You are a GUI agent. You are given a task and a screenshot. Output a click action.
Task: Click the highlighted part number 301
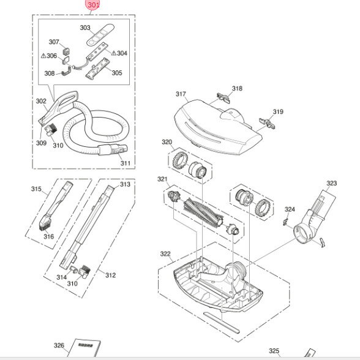pyautogui.click(x=94, y=5)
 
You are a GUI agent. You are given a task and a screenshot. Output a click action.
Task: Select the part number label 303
pyautogui.click(x=85, y=28)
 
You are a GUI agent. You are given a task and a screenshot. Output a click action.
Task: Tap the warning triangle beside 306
pyautogui.click(x=43, y=56)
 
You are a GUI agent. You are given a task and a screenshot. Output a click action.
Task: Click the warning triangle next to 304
pyautogui.click(x=114, y=53)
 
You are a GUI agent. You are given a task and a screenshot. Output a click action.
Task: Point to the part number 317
pyautogui.click(x=181, y=94)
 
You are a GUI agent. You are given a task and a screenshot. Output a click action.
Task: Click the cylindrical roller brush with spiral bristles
pyautogui.click(x=203, y=212)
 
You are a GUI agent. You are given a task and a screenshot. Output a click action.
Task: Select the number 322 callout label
pyautogui.click(x=165, y=253)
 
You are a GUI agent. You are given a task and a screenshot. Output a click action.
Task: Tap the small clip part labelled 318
pyautogui.click(x=223, y=98)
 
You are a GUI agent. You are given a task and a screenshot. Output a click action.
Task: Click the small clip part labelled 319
pyautogui.click(x=267, y=123)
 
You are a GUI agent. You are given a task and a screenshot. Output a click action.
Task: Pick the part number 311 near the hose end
pyautogui.click(x=126, y=163)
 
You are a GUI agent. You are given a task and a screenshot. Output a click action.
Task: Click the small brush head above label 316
pyautogui.click(x=45, y=222)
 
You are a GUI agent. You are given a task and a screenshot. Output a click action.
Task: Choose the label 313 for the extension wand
pyautogui.click(x=125, y=184)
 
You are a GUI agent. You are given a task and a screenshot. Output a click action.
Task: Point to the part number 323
pyautogui.click(x=332, y=183)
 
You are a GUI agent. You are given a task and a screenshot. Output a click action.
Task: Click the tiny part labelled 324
pyautogui.click(x=285, y=222)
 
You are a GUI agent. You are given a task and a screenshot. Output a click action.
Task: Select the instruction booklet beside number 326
pyautogui.click(x=86, y=348)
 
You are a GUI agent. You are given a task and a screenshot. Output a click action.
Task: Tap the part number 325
pyautogui.click(x=274, y=351)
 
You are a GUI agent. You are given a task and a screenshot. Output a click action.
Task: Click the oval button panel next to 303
pyautogui.click(x=100, y=35)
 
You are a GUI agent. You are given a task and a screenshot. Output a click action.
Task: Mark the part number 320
pyautogui.click(x=167, y=142)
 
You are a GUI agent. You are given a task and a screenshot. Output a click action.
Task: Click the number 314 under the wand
pyautogui.click(x=61, y=277)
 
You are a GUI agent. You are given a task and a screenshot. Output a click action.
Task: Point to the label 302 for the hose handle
pyautogui.click(x=41, y=101)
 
